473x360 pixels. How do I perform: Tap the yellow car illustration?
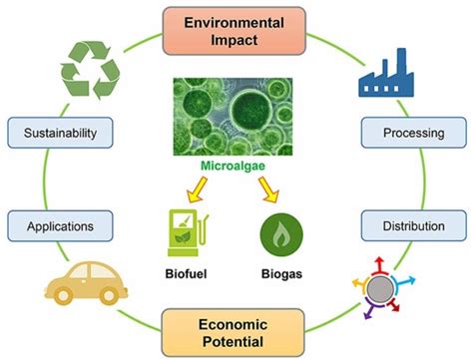pyautogui.click(x=87, y=284)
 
